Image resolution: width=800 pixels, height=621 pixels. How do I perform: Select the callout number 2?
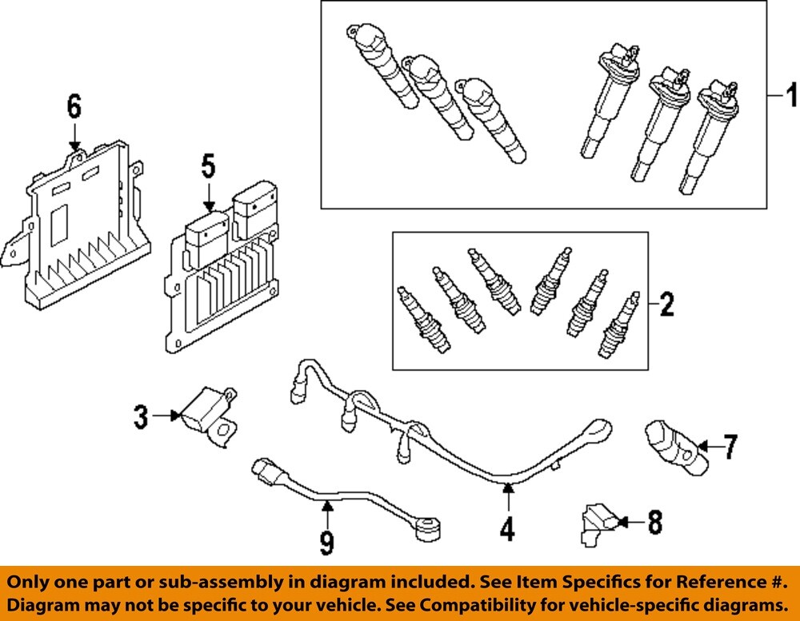tap(666, 304)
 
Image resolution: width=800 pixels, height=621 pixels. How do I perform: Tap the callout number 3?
tap(140, 416)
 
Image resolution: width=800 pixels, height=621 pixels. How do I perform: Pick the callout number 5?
tap(208, 167)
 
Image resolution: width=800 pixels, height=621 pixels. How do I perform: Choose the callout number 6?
tap(74, 105)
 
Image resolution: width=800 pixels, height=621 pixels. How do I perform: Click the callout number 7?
tap(730, 447)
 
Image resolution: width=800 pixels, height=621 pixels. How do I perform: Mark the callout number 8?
tap(654, 523)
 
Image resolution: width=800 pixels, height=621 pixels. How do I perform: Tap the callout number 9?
tap(326, 543)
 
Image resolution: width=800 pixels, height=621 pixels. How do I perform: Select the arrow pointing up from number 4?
tap(507, 497)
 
